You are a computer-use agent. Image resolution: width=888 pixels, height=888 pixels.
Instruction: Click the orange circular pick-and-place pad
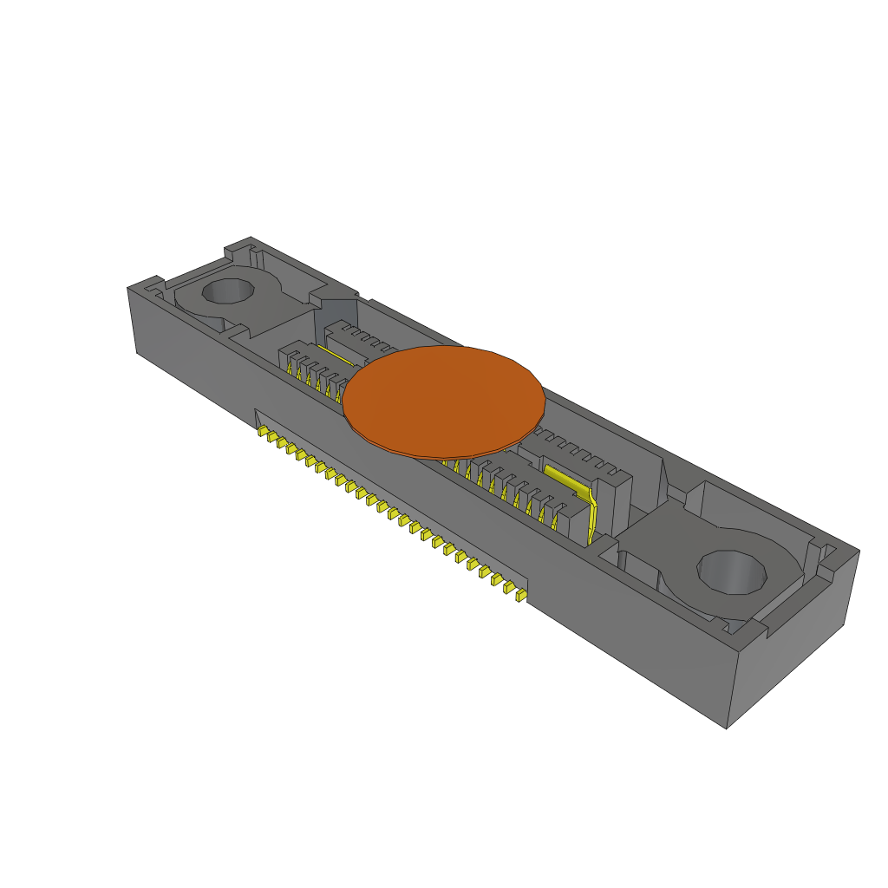pyautogui.click(x=444, y=401)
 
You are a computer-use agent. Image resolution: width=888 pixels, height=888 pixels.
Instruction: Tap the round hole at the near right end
pyautogui.click(x=734, y=572)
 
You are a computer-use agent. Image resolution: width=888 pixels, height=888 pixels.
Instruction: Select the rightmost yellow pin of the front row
pyautogui.click(x=520, y=597)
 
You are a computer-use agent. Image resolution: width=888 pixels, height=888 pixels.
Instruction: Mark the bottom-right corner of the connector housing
pyautogui.click(x=727, y=728)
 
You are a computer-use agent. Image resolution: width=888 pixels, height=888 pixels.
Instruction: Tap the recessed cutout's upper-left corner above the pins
pyautogui.click(x=255, y=408)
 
